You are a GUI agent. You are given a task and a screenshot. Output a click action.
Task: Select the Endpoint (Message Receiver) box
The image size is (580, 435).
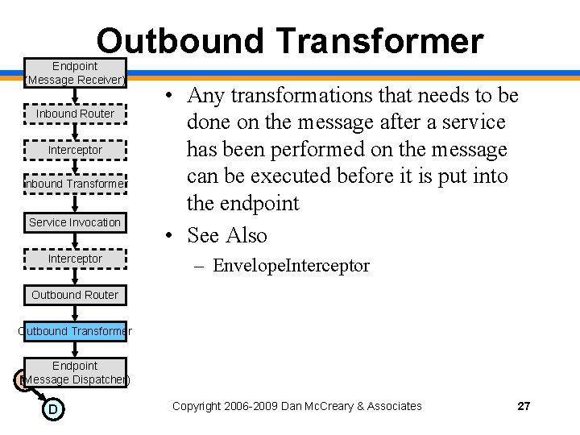75,72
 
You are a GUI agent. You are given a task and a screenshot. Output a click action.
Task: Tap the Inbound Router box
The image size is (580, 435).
75,114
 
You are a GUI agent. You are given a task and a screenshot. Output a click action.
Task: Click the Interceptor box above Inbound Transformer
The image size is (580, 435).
75,150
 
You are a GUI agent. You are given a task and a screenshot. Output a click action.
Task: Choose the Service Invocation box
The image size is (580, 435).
75,222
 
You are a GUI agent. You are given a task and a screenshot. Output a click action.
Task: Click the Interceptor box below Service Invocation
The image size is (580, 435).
75,259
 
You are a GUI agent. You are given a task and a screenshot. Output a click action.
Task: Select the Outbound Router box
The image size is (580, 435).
75,295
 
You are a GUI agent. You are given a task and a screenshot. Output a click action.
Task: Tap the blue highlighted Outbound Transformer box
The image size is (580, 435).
75,331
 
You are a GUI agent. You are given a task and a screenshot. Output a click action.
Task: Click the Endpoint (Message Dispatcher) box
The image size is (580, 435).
75,372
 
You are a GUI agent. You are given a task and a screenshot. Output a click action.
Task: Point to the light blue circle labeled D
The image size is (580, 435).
52,410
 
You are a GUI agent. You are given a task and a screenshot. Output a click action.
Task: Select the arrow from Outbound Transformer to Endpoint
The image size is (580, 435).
75,349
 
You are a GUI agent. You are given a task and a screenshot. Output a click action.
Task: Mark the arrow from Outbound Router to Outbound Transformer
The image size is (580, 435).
75,313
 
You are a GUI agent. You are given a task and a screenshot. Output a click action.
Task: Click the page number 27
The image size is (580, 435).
524,406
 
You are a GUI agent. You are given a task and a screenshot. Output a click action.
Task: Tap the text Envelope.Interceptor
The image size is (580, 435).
291,266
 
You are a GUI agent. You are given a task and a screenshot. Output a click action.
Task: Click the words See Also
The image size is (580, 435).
226,235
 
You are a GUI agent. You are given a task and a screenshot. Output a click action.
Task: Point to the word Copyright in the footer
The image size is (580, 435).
198,406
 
